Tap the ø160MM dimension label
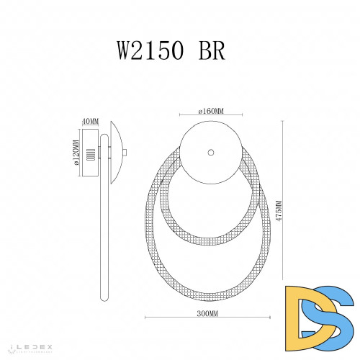coord(211,111)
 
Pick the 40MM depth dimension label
coord(90,121)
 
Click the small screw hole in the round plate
coord(211,152)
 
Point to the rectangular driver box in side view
coord(92,153)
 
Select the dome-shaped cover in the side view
coord(117,153)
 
